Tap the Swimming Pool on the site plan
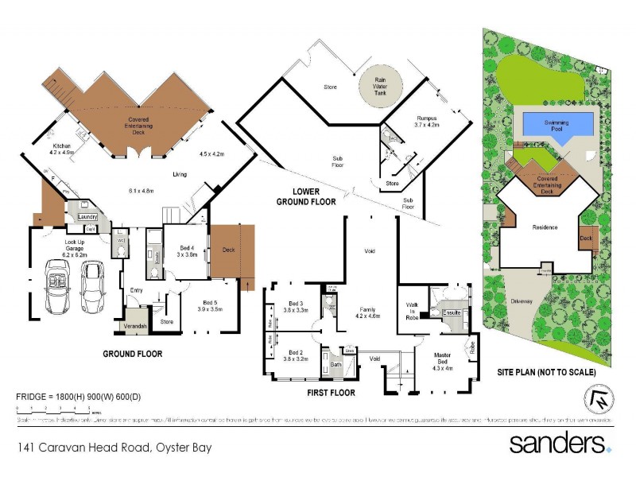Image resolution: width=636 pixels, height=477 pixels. [557, 125]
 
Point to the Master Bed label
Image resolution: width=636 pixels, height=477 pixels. [444, 362]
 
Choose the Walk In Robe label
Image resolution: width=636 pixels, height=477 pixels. [411, 309]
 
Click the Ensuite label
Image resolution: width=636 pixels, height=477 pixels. [452, 313]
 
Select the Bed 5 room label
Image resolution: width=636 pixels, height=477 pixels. [210, 305]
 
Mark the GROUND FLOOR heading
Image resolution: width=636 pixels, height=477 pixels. [133, 353]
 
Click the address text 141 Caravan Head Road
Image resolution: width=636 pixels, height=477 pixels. [114, 448]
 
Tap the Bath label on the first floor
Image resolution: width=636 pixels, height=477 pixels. [335, 366]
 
